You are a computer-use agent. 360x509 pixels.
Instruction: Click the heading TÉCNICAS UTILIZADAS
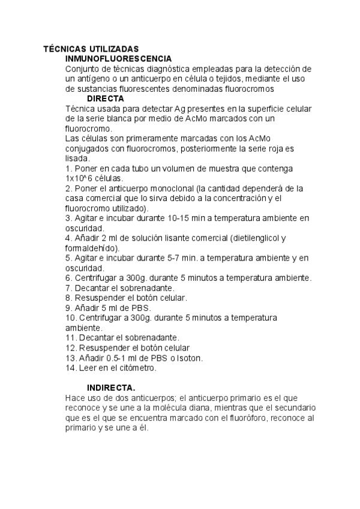(x=91, y=49)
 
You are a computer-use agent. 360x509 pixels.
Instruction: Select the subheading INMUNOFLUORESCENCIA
(x=118, y=59)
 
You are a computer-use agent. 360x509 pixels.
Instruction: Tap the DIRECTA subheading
(x=105, y=98)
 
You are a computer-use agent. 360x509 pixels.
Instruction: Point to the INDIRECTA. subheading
(x=111, y=388)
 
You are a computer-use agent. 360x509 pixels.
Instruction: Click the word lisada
(x=76, y=158)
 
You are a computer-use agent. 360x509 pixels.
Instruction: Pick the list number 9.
(x=68, y=308)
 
